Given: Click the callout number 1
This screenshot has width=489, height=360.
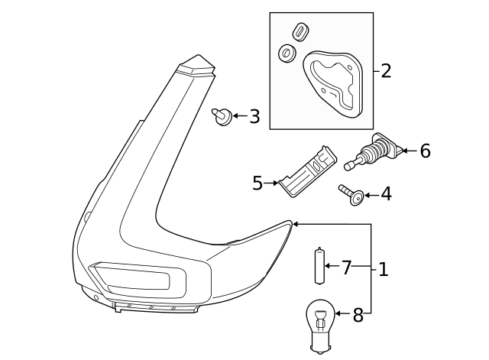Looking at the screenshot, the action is tap(384, 269).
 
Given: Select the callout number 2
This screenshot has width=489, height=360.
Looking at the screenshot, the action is tap(386, 71).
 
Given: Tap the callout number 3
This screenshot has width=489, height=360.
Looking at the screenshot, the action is tap(254, 116).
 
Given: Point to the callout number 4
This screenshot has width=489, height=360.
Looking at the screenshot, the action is tap(386, 194).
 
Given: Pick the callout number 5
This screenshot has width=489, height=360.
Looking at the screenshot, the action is tap(257, 183).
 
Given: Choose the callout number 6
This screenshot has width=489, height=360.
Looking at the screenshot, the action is tap(425, 151).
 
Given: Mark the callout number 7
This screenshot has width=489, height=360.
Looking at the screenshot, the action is tap(346, 268).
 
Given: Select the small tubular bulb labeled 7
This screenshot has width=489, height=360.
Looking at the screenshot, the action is tap(319, 265).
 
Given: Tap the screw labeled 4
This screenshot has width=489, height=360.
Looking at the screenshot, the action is tap(351, 195).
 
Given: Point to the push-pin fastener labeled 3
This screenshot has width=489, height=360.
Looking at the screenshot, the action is tap(222, 117).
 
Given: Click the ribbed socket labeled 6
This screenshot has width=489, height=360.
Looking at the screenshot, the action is tap(374, 151).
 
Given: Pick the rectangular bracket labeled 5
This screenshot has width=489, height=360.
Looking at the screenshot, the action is tap(308, 171).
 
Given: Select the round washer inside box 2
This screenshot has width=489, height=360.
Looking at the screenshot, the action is tap(287, 53).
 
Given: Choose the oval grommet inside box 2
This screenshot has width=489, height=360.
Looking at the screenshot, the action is tap(301, 31).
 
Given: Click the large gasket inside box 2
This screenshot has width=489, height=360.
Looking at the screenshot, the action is tap(333, 84).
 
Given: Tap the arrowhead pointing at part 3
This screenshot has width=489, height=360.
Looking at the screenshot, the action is tap(236, 115).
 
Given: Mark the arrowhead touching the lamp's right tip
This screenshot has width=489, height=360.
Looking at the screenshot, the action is tap(296, 224).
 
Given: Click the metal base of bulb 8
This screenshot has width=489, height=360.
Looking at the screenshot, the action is tap(319, 345).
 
